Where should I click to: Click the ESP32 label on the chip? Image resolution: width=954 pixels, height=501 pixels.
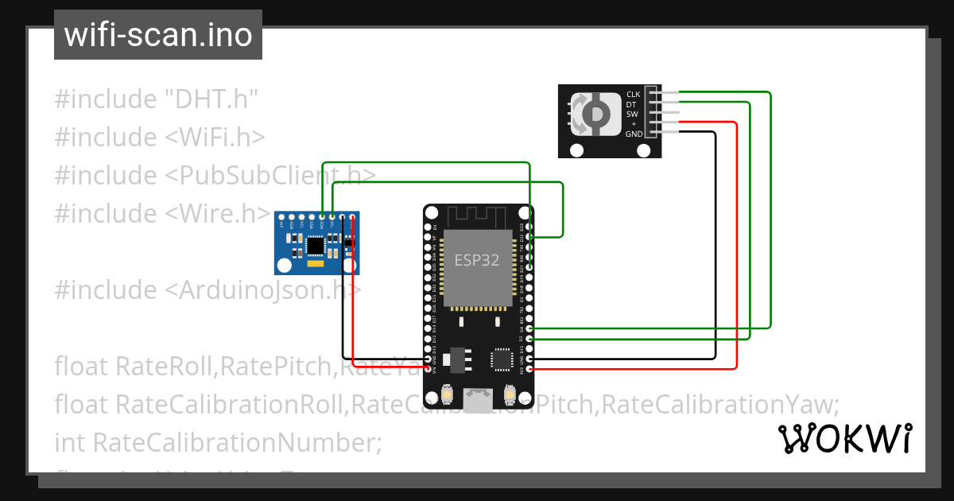(x=477, y=260)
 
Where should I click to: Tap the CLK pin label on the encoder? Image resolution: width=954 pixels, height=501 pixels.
(x=633, y=94)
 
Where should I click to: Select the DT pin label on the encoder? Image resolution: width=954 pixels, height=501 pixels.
(x=631, y=104)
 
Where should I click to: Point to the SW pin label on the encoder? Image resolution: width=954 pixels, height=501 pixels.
(x=632, y=114)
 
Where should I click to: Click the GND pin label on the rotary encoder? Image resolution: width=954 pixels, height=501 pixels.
(x=634, y=134)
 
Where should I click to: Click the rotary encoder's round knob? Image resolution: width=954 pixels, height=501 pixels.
(x=594, y=114)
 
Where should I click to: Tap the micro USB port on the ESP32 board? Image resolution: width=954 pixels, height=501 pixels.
(x=478, y=401)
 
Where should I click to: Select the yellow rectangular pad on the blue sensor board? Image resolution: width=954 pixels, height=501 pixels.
(x=316, y=262)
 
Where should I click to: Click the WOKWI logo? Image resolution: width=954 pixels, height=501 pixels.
(x=844, y=439)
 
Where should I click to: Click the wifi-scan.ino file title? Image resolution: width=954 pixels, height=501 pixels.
(x=157, y=35)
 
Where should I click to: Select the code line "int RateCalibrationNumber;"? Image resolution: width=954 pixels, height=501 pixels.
(x=218, y=441)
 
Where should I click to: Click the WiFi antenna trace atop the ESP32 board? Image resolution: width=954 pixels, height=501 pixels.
(x=477, y=216)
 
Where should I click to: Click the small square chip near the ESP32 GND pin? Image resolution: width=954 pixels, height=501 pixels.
(x=502, y=359)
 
